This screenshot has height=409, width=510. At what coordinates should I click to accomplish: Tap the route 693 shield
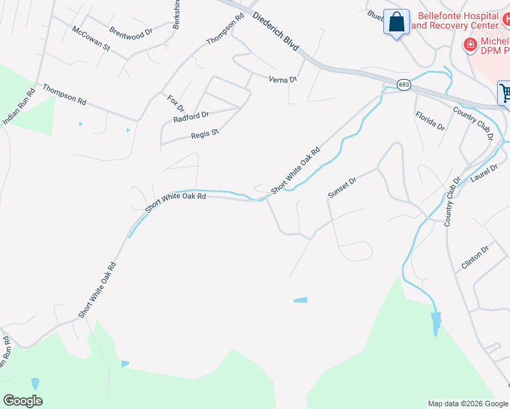(404, 85)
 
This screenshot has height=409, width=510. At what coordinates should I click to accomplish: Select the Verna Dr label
(284, 79)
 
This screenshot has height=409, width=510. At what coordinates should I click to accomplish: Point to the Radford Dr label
(191, 117)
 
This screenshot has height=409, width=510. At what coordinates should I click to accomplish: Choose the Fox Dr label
(176, 104)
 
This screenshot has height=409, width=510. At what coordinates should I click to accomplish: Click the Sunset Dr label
(342, 188)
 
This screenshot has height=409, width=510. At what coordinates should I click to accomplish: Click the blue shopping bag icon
(396, 22)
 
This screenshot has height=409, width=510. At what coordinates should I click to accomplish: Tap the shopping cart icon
(505, 93)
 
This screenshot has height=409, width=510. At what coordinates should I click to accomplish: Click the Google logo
(22, 401)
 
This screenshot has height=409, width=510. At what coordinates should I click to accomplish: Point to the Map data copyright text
(468, 404)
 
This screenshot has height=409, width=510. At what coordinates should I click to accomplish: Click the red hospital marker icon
(469, 45)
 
